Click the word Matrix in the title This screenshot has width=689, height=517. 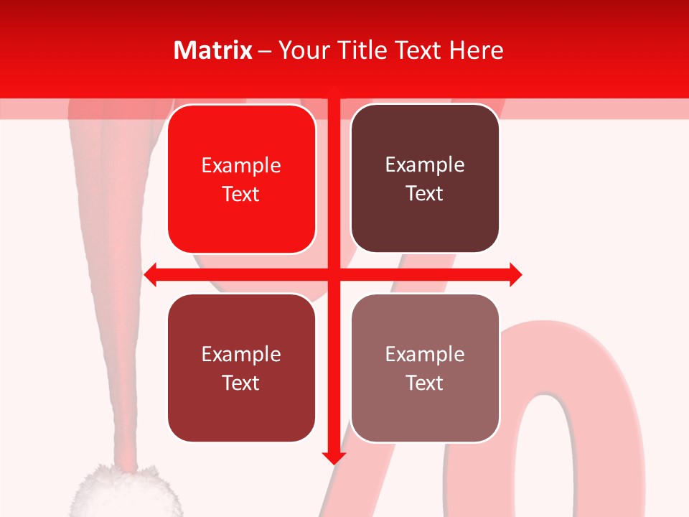(213, 50)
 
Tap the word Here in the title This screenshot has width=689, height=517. (477, 50)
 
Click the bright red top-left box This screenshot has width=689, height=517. (241, 180)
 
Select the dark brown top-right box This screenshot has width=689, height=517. (425, 179)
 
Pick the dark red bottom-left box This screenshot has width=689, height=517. (241, 368)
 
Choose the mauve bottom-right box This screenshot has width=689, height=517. (425, 368)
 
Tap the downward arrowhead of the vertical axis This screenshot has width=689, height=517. (333, 457)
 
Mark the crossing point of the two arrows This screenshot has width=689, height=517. (333, 274)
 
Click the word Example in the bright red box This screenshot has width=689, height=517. (241, 166)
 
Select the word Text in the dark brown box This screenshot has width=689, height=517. (425, 193)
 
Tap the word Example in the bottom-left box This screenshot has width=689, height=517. (241, 355)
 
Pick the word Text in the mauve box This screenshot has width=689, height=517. (425, 383)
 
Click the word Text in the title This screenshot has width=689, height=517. (416, 50)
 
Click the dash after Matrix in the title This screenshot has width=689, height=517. (265, 51)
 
